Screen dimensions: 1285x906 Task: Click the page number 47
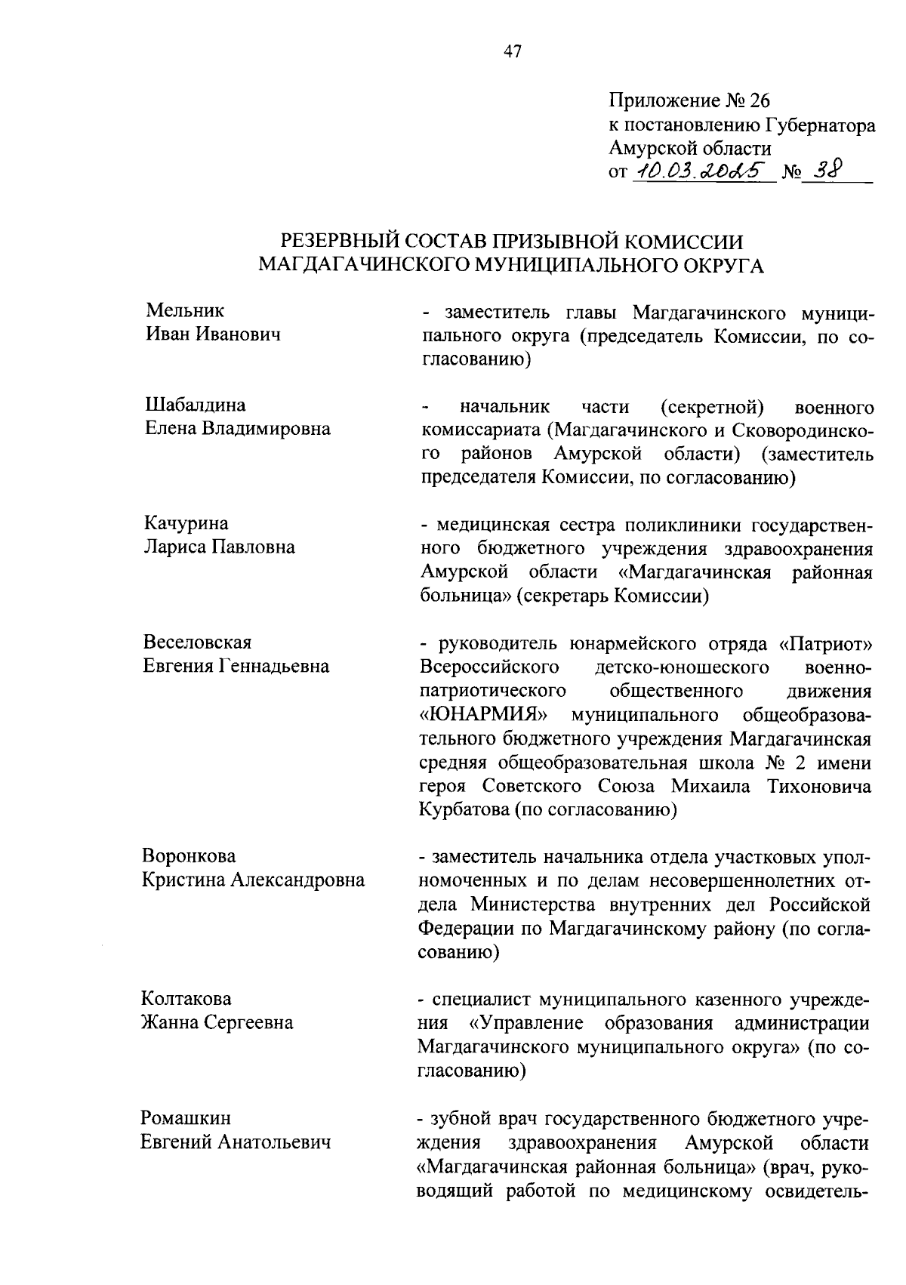pos(512,52)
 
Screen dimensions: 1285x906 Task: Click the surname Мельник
pos(184,310)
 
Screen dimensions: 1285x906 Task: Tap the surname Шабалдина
pos(195,405)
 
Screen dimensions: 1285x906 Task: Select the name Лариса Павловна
pos(219,547)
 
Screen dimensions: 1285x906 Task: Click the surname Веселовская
pos(198,642)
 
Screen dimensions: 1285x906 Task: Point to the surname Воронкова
pos(189,856)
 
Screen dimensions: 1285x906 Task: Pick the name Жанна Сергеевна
pos(217,1023)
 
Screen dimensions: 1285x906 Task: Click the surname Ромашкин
pos(186,1118)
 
